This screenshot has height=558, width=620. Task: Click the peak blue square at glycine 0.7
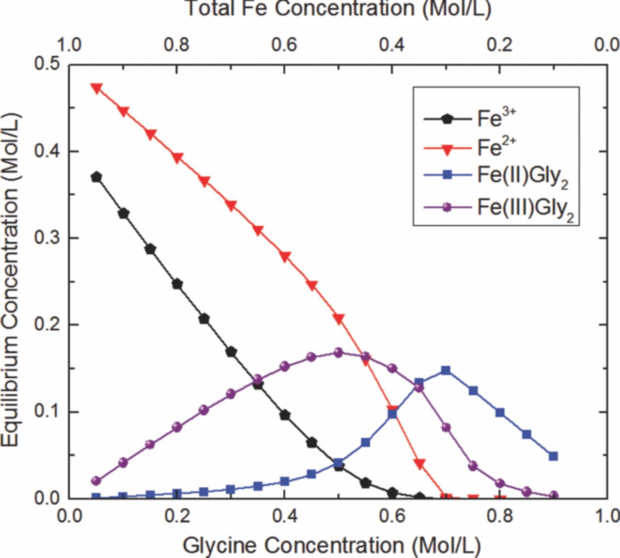tap(446, 371)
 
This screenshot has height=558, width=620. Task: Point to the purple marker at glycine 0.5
tap(339, 353)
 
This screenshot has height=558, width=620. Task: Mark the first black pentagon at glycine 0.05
tap(96, 177)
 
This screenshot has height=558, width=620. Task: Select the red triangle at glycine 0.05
tap(96, 88)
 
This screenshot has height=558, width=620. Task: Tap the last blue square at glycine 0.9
tap(554, 456)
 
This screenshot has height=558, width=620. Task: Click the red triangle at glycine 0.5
tap(339, 319)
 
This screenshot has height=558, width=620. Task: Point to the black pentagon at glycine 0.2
tap(177, 284)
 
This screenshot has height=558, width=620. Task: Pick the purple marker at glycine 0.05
tap(96, 481)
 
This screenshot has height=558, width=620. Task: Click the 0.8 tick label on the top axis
tap(177, 45)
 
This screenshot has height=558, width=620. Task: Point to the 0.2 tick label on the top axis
tap(499, 45)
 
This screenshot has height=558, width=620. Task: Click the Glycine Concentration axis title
tap(331, 545)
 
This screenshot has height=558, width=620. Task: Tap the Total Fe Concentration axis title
tap(338, 9)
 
